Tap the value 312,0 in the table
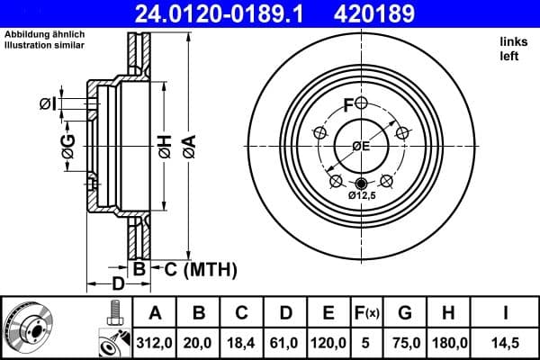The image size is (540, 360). tap(154, 342)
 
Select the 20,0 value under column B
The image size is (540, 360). tap(199, 342)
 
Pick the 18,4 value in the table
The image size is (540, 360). tap(242, 342)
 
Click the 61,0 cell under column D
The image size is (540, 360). tap(285, 342)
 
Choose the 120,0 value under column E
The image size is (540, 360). tap(329, 342)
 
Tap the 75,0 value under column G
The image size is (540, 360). tap(406, 342)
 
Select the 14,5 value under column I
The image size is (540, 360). tap(507, 342)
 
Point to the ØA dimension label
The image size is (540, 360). tap(188, 143)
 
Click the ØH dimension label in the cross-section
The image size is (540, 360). tap(165, 143)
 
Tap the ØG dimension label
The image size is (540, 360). tap(67, 143)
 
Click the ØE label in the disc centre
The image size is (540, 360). tap(361, 146)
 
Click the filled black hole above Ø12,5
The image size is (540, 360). tap(362, 184)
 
